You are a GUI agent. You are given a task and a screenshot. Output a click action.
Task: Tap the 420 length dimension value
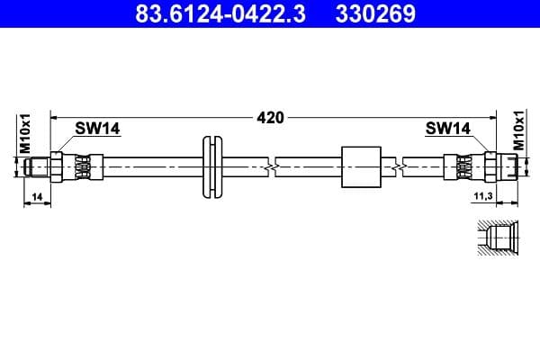point(270,117)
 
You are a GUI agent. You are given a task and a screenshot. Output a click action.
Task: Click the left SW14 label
point(97,129)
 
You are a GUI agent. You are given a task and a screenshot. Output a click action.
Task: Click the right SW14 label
point(447,129)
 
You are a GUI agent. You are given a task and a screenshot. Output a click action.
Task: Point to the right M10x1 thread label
point(518,132)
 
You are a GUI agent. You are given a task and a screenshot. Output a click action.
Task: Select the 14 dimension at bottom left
point(36,196)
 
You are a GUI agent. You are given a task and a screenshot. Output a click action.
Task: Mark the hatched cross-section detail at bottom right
point(495,239)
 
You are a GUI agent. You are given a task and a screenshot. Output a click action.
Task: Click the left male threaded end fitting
point(37,166)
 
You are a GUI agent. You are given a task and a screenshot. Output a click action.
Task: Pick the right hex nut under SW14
point(490,166)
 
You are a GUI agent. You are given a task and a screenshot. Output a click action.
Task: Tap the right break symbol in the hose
point(397,166)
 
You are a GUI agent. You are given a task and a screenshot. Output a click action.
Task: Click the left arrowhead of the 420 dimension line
point(54,117)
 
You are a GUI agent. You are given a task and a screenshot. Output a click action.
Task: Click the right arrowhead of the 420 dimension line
point(493,117)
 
